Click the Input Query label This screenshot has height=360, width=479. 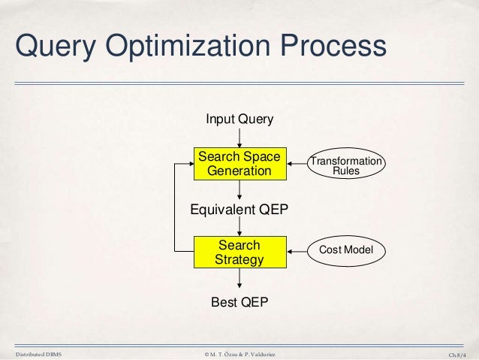(x=239, y=119)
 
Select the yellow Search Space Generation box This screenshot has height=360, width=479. (x=239, y=164)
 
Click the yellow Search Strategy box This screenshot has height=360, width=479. (x=239, y=253)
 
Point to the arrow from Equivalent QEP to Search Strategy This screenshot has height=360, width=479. (x=239, y=227)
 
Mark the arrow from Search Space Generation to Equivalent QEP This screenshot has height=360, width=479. (x=239, y=190)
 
